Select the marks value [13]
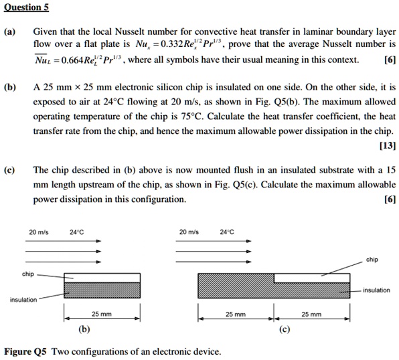click(x=387, y=145)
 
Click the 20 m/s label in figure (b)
click(x=37, y=233)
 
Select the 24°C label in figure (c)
click(x=227, y=233)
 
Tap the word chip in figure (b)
click(x=27, y=274)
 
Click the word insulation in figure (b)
click(x=23, y=299)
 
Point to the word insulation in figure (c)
click(x=376, y=290)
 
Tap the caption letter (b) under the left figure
click(x=84, y=329)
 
